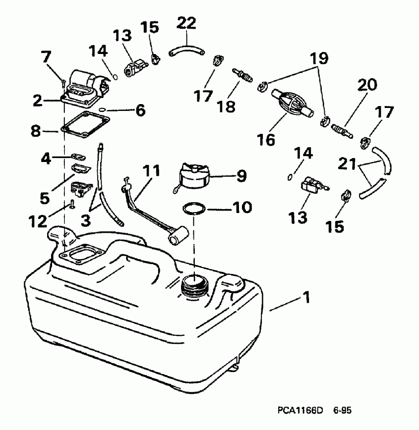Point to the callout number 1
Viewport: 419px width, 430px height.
click(306, 297)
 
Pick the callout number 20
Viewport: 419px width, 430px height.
click(367, 86)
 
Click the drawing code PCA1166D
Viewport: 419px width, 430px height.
click(293, 407)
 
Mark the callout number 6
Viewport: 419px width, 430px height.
click(140, 110)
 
